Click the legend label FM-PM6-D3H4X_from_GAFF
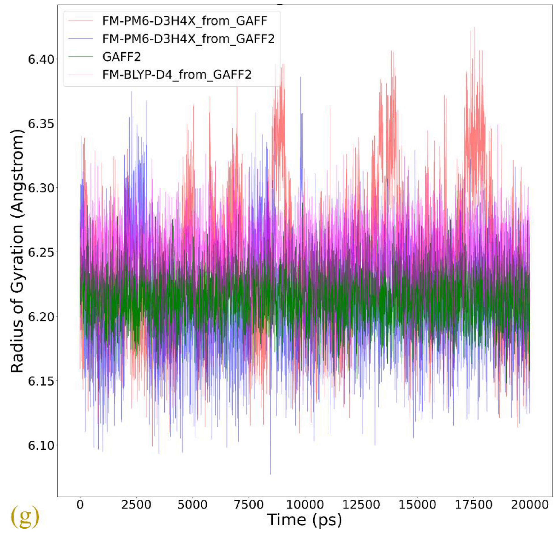185,21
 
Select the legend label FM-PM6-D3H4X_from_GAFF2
188,39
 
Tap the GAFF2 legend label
122,57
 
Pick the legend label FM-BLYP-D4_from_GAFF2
177,75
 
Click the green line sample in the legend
81,57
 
